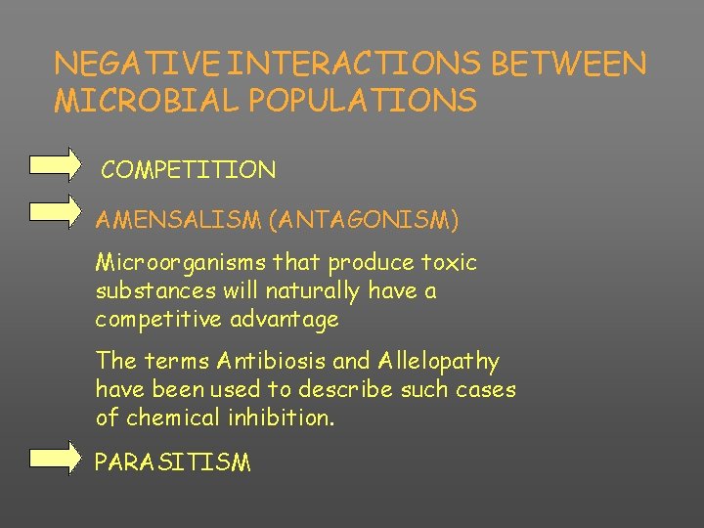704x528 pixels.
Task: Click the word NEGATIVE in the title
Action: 136,64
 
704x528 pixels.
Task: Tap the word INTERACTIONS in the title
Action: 360,64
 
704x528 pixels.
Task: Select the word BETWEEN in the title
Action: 569,64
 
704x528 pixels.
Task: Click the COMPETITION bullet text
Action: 189,170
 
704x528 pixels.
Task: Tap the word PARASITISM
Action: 172,462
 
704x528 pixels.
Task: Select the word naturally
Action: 290,291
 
